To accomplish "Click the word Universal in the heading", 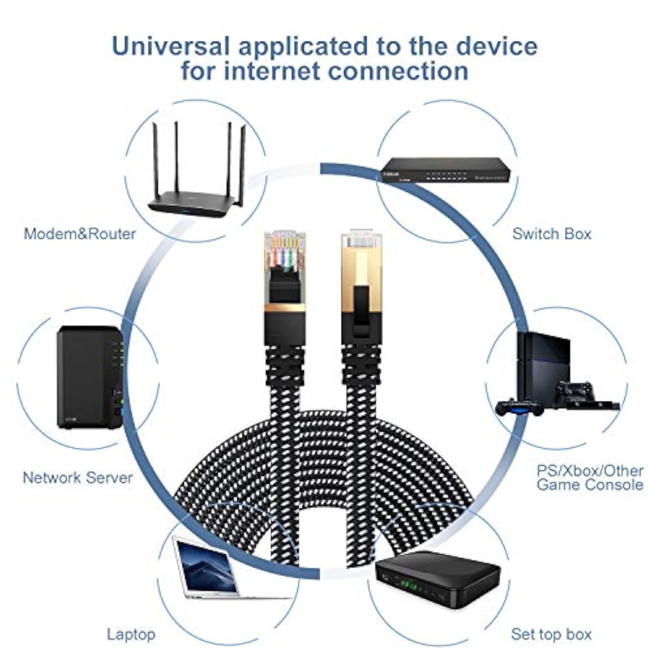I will pyautogui.click(x=170, y=46).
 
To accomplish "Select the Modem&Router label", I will pyautogui.click(x=80, y=234).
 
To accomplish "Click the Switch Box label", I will pyautogui.click(x=552, y=234).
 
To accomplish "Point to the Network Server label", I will pyautogui.click(x=77, y=478).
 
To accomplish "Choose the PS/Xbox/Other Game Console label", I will pyautogui.click(x=589, y=478).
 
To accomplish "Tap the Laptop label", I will pyautogui.click(x=131, y=634).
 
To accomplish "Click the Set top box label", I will pyautogui.click(x=551, y=634).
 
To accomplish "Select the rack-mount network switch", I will pyautogui.click(x=446, y=170).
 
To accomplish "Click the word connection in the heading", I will pyautogui.click(x=398, y=71).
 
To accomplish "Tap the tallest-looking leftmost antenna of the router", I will pyautogui.click(x=155, y=161).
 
